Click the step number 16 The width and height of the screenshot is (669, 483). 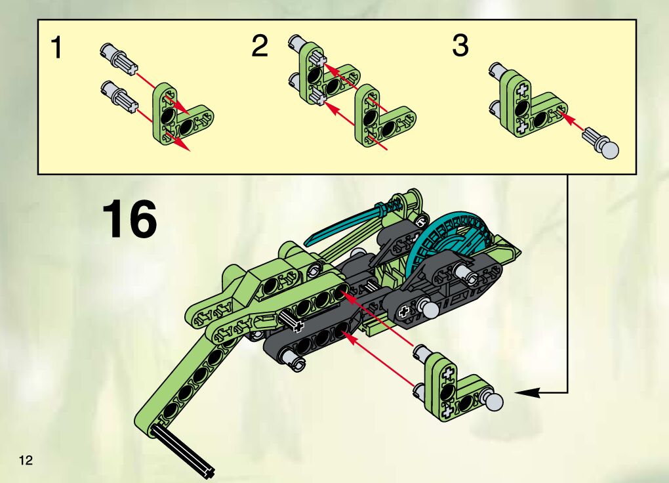click(x=130, y=220)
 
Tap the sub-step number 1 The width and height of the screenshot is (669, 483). click(x=58, y=49)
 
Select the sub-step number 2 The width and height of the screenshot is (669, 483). click(x=260, y=47)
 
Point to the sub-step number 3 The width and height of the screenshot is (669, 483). click(x=460, y=47)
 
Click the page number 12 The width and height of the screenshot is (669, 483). click(x=26, y=459)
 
